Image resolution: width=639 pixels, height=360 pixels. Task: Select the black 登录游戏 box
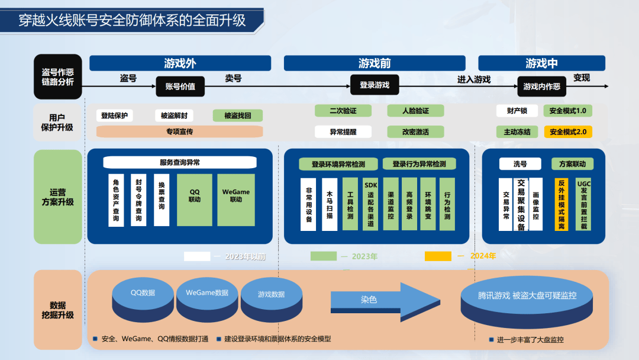click(375, 85)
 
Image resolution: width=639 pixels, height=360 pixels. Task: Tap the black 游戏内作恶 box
click(541, 86)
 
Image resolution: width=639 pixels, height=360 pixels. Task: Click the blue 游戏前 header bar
click(375, 63)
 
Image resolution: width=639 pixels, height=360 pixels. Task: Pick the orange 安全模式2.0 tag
click(567, 132)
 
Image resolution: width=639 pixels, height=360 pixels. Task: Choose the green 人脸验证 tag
click(415, 111)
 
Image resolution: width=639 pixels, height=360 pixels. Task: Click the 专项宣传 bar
click(179, 131)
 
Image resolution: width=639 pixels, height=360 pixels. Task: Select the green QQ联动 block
click(195, 200)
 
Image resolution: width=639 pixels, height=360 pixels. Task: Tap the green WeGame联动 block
click(236, 200)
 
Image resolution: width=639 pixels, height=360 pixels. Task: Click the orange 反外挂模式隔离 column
click(561, 204)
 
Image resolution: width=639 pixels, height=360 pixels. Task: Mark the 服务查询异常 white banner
click(179, 162)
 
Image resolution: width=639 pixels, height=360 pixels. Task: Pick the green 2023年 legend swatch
click(323, 256)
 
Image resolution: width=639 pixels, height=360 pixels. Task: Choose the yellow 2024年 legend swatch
click(437, 256)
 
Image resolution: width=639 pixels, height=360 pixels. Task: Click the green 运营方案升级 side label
click(57, 197)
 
